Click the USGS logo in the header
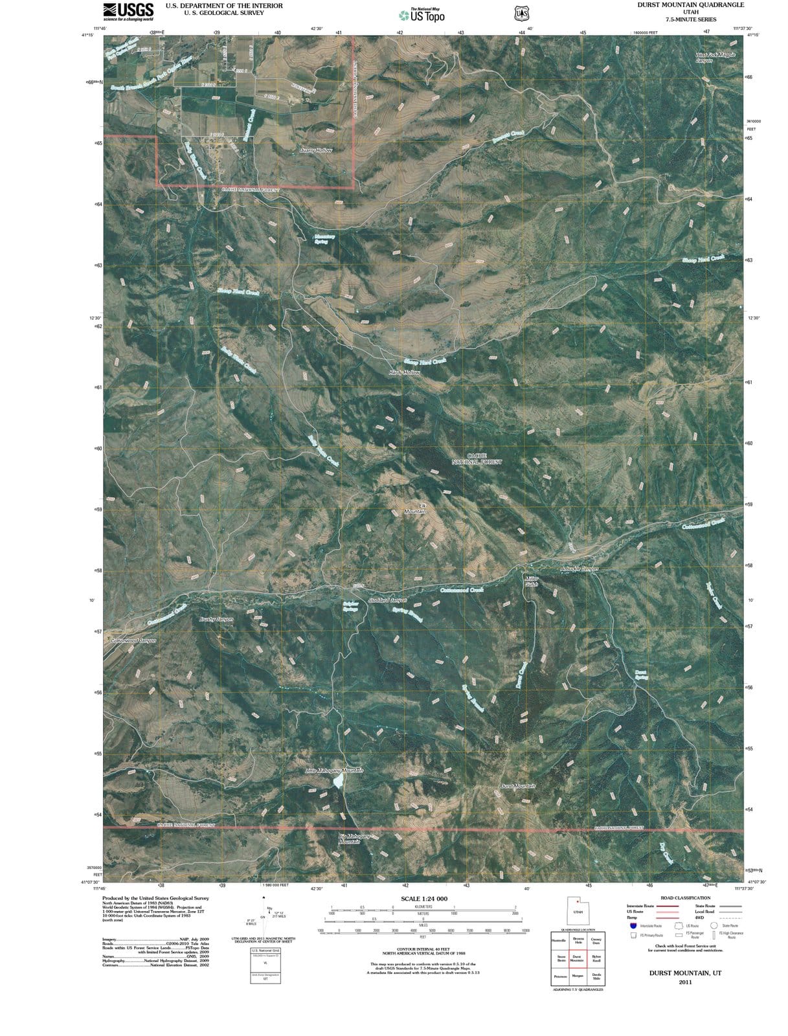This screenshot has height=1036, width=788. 128,11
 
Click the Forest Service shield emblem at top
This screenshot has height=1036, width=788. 521,13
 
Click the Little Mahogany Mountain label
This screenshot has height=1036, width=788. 333,771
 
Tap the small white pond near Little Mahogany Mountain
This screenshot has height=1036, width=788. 337,782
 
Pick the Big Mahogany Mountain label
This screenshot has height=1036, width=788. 354,839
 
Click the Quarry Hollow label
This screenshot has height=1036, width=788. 316,150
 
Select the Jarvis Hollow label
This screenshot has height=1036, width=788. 405,372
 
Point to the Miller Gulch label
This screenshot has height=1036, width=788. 531,581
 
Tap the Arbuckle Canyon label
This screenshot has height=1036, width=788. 579,569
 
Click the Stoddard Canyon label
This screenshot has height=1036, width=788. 387,600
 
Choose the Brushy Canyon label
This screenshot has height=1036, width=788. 216,619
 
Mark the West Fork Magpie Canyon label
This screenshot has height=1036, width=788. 715,58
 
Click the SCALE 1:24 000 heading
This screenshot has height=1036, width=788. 424,899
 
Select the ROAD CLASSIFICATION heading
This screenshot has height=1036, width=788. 684,898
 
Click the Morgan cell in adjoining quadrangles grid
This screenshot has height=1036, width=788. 578,976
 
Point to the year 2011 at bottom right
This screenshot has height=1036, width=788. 686,982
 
